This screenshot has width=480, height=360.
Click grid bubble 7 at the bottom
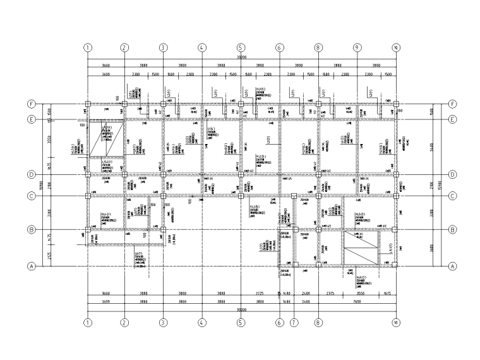tap(294, 322)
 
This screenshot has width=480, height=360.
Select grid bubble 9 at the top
tap(357, 47)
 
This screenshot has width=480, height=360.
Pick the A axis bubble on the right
tap(452, 267)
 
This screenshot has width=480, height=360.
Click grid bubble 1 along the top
tap(87, 47)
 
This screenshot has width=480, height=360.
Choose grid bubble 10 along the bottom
tap(395, 322)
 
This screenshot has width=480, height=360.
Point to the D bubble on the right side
tap(452, 174)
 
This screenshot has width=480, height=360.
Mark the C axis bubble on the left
tap(30, 196)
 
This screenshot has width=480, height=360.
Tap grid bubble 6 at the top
tap(279, 47)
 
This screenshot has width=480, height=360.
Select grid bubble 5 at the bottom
tap(241, 322)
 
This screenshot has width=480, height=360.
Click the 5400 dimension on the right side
tap(431, 146)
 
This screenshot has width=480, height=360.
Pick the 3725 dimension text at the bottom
tap(260, 294)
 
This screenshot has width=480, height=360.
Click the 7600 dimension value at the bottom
tap(356, 303)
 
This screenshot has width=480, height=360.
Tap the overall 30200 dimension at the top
tap(241, 57)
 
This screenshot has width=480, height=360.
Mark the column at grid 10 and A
tap(395, 267)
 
